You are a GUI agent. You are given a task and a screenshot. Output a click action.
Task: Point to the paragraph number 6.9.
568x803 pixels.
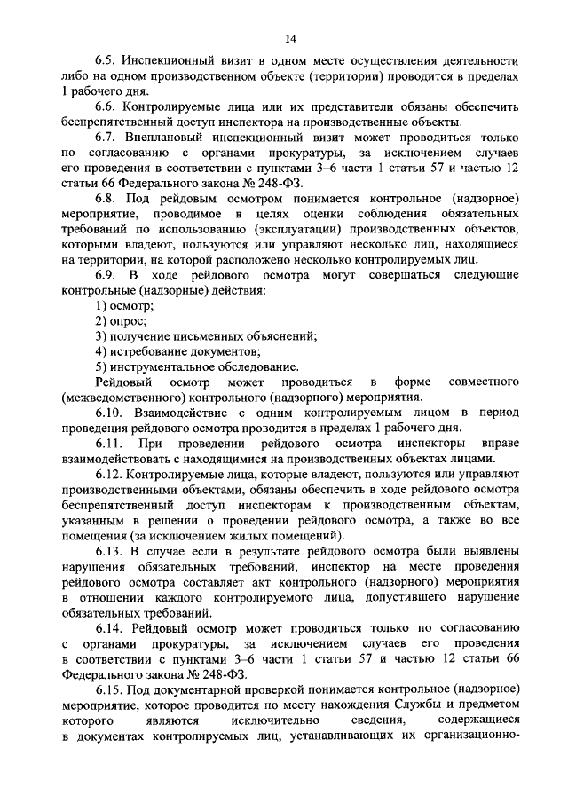107,275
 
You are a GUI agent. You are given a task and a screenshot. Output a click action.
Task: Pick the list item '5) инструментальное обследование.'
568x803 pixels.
197,366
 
